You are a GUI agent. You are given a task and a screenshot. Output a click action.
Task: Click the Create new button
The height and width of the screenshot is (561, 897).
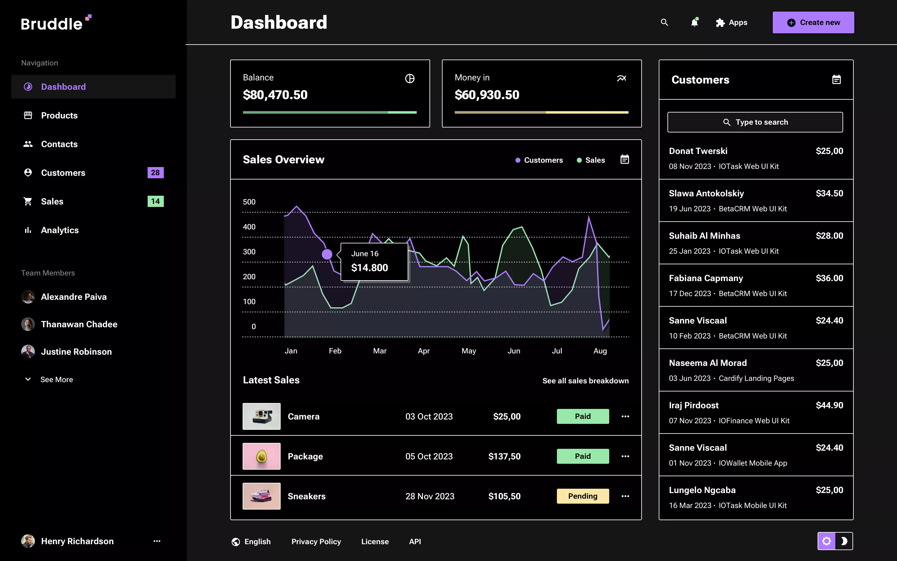click(813, 23)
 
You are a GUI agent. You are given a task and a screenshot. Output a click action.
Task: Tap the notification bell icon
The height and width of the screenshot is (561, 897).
click(694, 23)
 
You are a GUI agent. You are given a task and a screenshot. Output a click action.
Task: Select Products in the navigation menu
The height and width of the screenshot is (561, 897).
click(59, 115)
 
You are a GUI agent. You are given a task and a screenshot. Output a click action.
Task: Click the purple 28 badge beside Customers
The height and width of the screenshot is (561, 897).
click(155, 173)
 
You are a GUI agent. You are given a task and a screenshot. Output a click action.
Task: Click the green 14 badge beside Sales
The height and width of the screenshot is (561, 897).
click(155, 201)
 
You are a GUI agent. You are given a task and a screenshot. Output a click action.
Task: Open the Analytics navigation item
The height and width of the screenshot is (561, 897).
click(60, 230)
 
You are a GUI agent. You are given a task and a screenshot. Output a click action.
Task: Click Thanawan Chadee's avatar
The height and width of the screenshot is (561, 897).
click(28, 324)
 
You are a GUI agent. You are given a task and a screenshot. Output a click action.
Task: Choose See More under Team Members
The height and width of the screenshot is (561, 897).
click(56, 379)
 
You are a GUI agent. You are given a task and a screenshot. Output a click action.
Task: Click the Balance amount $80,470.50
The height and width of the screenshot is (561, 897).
click(275, 95)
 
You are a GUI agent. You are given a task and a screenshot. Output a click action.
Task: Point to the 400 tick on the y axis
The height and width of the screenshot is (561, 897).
click(249, 227)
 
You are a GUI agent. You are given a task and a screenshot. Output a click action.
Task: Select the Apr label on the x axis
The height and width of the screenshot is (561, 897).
click(424, 351)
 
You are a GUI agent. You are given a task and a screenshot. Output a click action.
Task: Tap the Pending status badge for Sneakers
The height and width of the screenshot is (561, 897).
click(582, 496)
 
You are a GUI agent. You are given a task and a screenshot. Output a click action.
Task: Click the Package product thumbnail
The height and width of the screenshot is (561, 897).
click(261, 456)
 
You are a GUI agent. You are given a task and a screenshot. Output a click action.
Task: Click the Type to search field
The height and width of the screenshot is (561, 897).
click(755, 122)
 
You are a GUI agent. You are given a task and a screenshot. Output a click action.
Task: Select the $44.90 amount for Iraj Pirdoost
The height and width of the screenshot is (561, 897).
click(829, 405)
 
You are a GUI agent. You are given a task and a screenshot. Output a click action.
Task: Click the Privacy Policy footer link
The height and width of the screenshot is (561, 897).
click(316, 541)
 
